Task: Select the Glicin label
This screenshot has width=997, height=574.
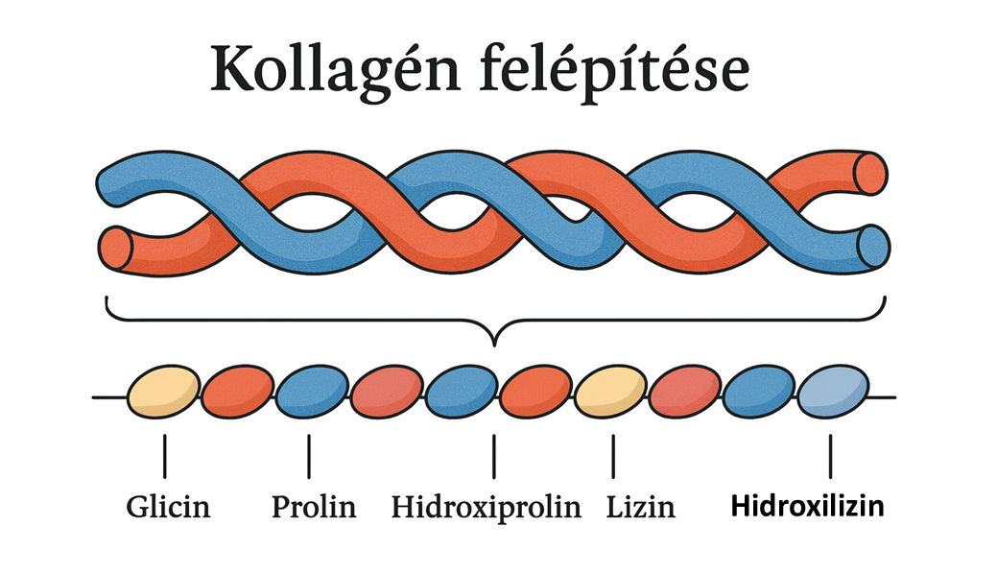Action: tap(168, 506)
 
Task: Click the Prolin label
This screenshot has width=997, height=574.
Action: tap(313, 506)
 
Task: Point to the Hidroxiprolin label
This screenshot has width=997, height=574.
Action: tap(487, 506)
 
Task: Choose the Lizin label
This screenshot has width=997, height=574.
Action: tap(641, 506)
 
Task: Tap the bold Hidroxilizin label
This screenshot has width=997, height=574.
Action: tap(806, 506)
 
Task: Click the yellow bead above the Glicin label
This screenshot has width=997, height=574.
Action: tap(164, 393)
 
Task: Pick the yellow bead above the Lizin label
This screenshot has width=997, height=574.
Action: tap(610, 393)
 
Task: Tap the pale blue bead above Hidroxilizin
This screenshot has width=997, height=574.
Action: tap(833, 393)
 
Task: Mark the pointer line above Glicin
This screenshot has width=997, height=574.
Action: tap(164, 455)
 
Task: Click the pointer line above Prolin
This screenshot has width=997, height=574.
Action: tap(309, 455)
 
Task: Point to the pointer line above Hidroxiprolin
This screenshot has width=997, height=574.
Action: tap(494, 455)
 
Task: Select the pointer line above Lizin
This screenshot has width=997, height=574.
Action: tap(612, 455)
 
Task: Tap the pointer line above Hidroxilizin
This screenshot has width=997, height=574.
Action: tap(831, 455)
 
